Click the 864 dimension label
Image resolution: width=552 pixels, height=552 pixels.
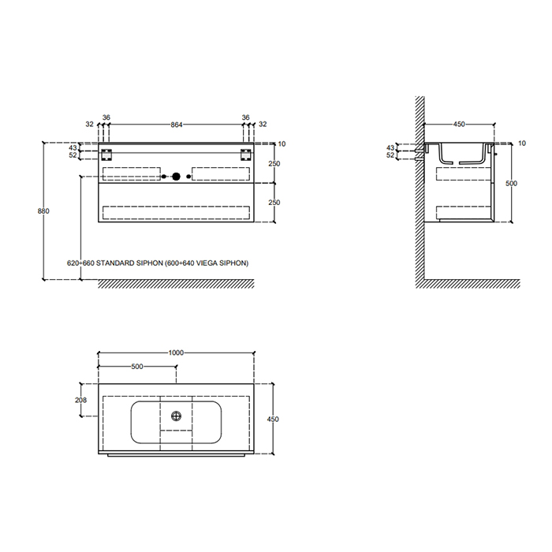coord(177,125)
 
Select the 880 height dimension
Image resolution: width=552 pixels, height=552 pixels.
coord(43,211)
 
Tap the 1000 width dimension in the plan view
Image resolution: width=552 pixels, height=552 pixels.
coord(176,352)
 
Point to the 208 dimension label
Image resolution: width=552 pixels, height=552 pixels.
coord(80,400)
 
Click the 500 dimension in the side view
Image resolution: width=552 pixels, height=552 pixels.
coord(511,184)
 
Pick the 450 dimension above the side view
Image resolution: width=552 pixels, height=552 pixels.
coord(459,125)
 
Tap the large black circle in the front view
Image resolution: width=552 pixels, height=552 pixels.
coord(176,177)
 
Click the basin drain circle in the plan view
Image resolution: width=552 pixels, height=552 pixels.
coord(176,416)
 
